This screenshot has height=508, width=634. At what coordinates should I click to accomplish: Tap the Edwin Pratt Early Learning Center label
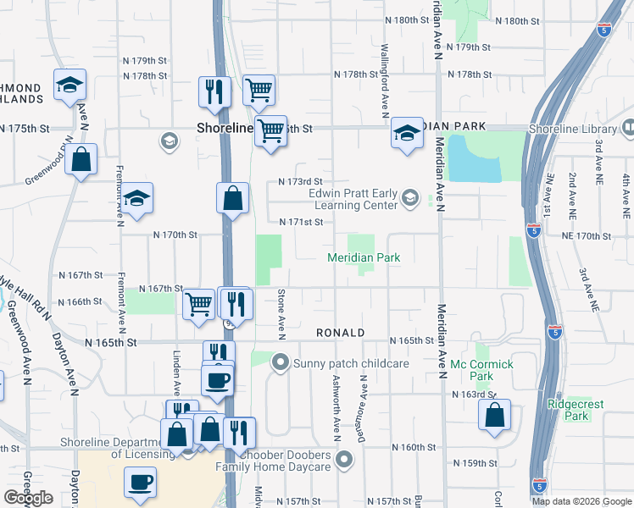click(356, 198)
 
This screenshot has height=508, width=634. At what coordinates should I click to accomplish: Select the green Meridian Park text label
click(364, 257)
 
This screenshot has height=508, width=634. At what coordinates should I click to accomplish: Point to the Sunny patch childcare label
click(351, 363)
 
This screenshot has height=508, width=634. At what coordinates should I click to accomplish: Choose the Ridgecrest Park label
click(576, 410)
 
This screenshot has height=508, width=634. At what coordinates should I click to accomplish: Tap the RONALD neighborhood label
click(340, 334)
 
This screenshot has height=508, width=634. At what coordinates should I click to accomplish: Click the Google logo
click(28, 498)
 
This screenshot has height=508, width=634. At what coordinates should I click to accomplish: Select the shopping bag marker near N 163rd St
click(494, 414)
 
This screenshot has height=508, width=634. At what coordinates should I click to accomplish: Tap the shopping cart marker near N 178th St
click(259, 89)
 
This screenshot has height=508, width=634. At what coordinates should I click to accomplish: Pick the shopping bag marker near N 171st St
click(232, 199)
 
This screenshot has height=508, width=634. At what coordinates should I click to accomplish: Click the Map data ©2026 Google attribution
click(581, 501)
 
